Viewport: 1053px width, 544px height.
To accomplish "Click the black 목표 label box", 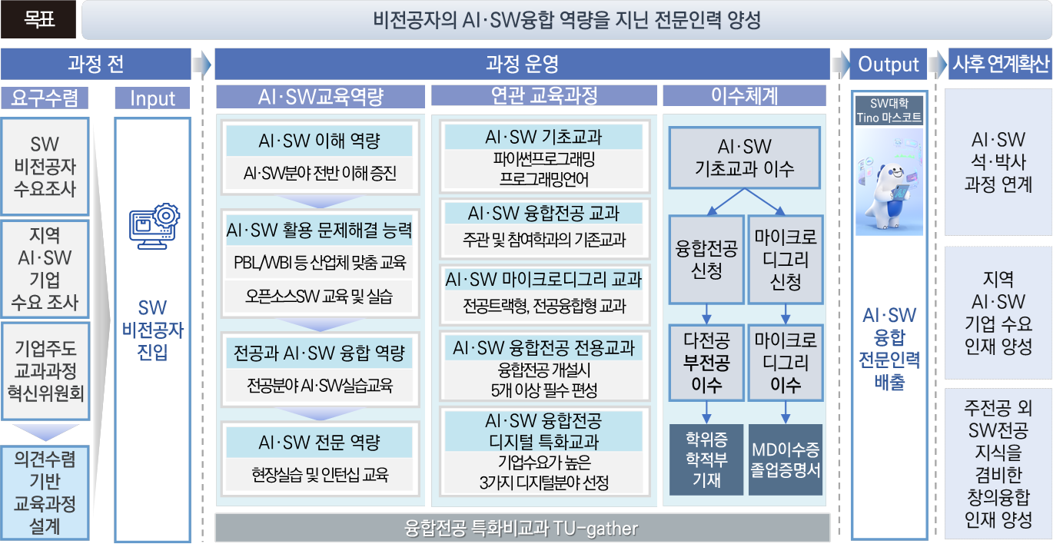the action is [x=38, y=19].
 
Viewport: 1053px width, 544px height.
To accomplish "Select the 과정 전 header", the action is [x=96, y=64].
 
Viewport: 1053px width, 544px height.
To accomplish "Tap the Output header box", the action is [x=888, y=64].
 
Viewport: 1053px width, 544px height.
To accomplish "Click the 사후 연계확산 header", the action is [x=1000, y=64].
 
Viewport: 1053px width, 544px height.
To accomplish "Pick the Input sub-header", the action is [x=152, y=98].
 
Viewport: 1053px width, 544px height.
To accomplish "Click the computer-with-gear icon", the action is [x=154, y=226].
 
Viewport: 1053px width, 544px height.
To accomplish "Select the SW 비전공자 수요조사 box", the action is [x=45, y=166].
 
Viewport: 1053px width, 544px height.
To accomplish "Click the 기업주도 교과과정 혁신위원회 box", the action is [x=45, y=371].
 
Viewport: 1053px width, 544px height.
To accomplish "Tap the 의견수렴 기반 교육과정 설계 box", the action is [x=45, y=493].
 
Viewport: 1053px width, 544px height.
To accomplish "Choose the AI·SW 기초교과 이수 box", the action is [x=745, y=158].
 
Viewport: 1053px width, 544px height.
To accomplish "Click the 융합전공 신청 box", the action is [x=706, y=259].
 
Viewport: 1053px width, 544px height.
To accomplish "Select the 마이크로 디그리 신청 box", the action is [x=786, y=259].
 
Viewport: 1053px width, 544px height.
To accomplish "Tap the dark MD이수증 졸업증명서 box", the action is [x=785, y=460].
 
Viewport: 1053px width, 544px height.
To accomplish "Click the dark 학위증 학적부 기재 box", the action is [x=706, y=460].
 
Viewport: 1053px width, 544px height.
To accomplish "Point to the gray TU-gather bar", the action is [x=522, y=528].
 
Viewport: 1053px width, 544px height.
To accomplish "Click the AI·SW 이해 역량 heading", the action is [x=319, y=141].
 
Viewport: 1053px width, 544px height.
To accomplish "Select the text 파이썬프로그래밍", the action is [x=544, y=159].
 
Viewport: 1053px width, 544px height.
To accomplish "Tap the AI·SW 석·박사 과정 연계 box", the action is [x=998, y=162].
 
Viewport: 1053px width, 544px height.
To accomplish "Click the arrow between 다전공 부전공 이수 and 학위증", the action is [x=706, y=413].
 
